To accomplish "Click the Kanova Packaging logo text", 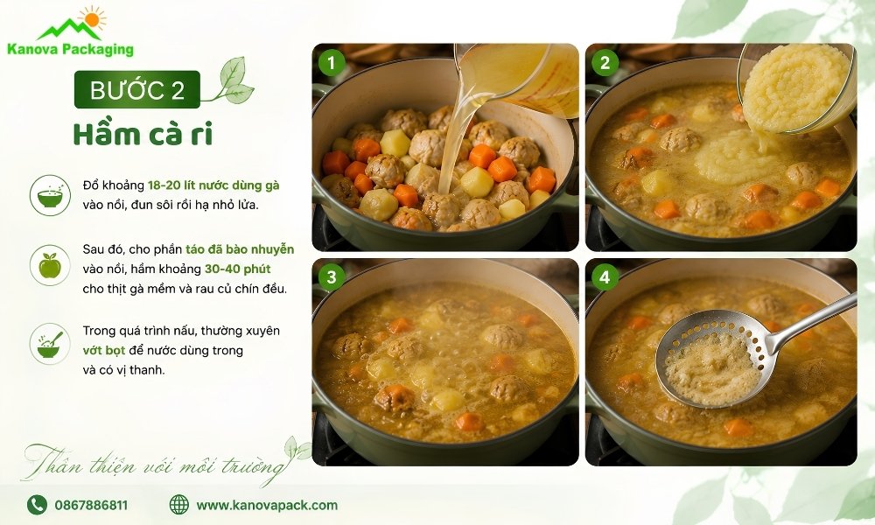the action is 70,50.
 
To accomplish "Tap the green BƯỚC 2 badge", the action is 137,89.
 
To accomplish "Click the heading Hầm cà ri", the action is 143,135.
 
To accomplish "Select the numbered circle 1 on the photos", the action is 331,62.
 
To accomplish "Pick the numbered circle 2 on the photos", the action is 605,62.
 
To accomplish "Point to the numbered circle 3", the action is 331,276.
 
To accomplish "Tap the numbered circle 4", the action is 605,276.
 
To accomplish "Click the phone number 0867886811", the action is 91,506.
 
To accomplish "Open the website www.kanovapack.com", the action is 267,506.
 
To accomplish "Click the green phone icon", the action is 37,505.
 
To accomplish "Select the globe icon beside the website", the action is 179,504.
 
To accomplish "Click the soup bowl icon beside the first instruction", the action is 50,195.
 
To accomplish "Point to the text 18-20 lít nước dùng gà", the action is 213,185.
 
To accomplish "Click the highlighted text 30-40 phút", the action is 238,269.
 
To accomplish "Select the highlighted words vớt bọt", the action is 104,351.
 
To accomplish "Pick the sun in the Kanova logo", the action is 92,19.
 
